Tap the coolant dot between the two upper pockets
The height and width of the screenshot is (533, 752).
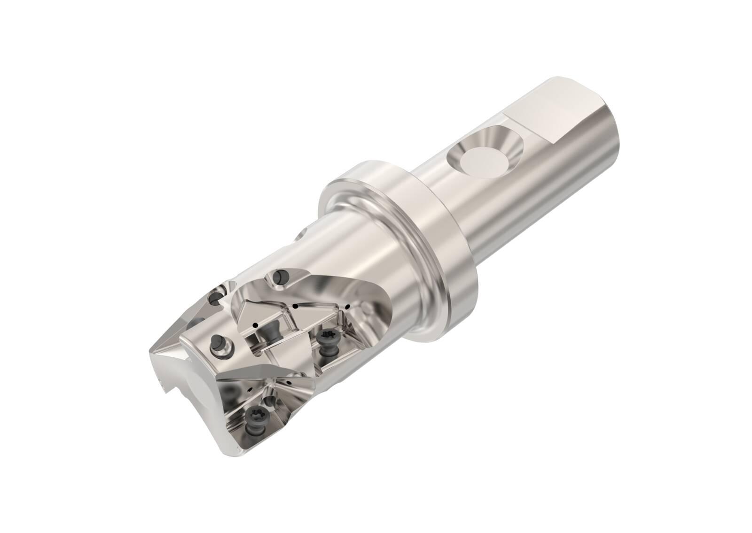[x=295, y=307]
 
